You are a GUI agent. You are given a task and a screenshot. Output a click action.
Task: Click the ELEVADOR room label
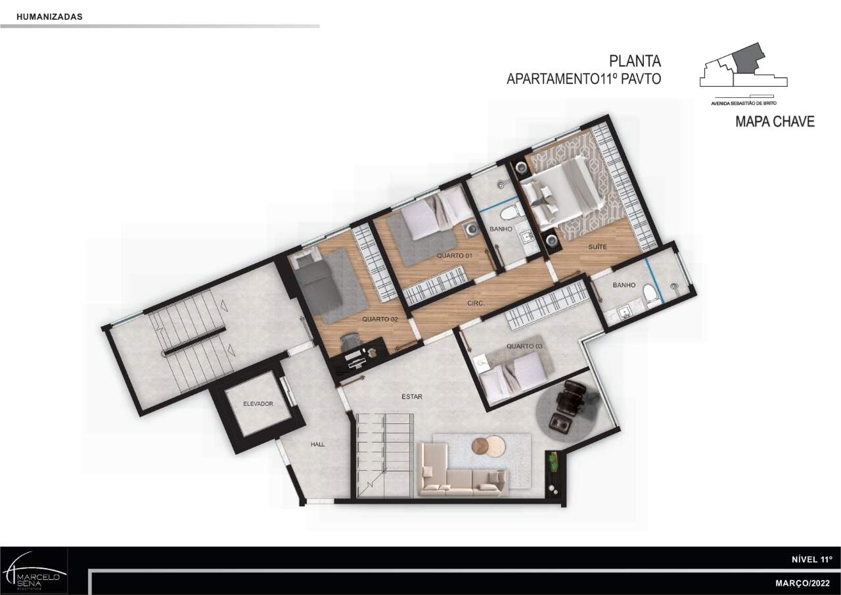258,404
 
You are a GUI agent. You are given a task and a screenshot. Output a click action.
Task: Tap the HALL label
317,444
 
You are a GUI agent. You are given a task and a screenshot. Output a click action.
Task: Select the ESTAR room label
412,396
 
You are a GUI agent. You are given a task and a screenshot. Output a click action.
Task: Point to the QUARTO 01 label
454,256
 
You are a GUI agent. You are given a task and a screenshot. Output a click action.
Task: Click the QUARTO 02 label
380,319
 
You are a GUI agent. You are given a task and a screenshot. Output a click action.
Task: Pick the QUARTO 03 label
524,346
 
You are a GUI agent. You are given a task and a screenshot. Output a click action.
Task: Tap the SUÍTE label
597,247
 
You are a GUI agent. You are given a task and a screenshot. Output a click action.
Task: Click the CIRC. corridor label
475,302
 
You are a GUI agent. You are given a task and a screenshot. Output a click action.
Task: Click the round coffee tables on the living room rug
488,446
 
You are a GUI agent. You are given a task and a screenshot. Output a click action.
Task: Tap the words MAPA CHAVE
775,122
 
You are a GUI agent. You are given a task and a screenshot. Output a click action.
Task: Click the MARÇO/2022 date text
803,583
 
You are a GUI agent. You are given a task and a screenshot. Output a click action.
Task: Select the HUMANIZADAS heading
49,16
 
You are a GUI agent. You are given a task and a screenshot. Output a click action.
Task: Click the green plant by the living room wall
553,462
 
